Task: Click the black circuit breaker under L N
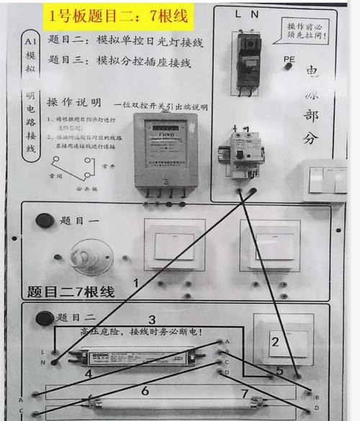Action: click(248, 62)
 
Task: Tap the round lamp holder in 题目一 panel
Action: click(92, 256)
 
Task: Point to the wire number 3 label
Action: click(152, 320)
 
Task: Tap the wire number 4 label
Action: click(88, 374)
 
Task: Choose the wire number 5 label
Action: click(279, 371)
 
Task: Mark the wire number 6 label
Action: click(145, 390)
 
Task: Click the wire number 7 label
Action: click(245, 394)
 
